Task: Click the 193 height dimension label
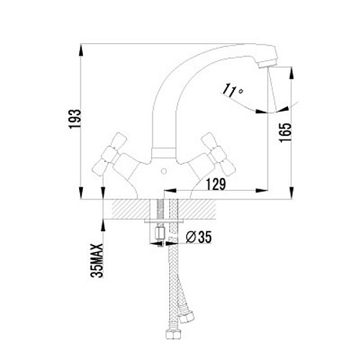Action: [75, 119]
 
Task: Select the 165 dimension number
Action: [286, 132]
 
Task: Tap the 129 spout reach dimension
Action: [216, 184]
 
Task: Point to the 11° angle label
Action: [233, 91]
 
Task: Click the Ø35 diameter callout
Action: [199, 237]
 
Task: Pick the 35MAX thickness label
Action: [96, 261]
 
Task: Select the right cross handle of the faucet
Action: [218, 154]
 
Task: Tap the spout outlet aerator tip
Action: [268, 64]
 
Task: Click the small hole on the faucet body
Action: [163, 171]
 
